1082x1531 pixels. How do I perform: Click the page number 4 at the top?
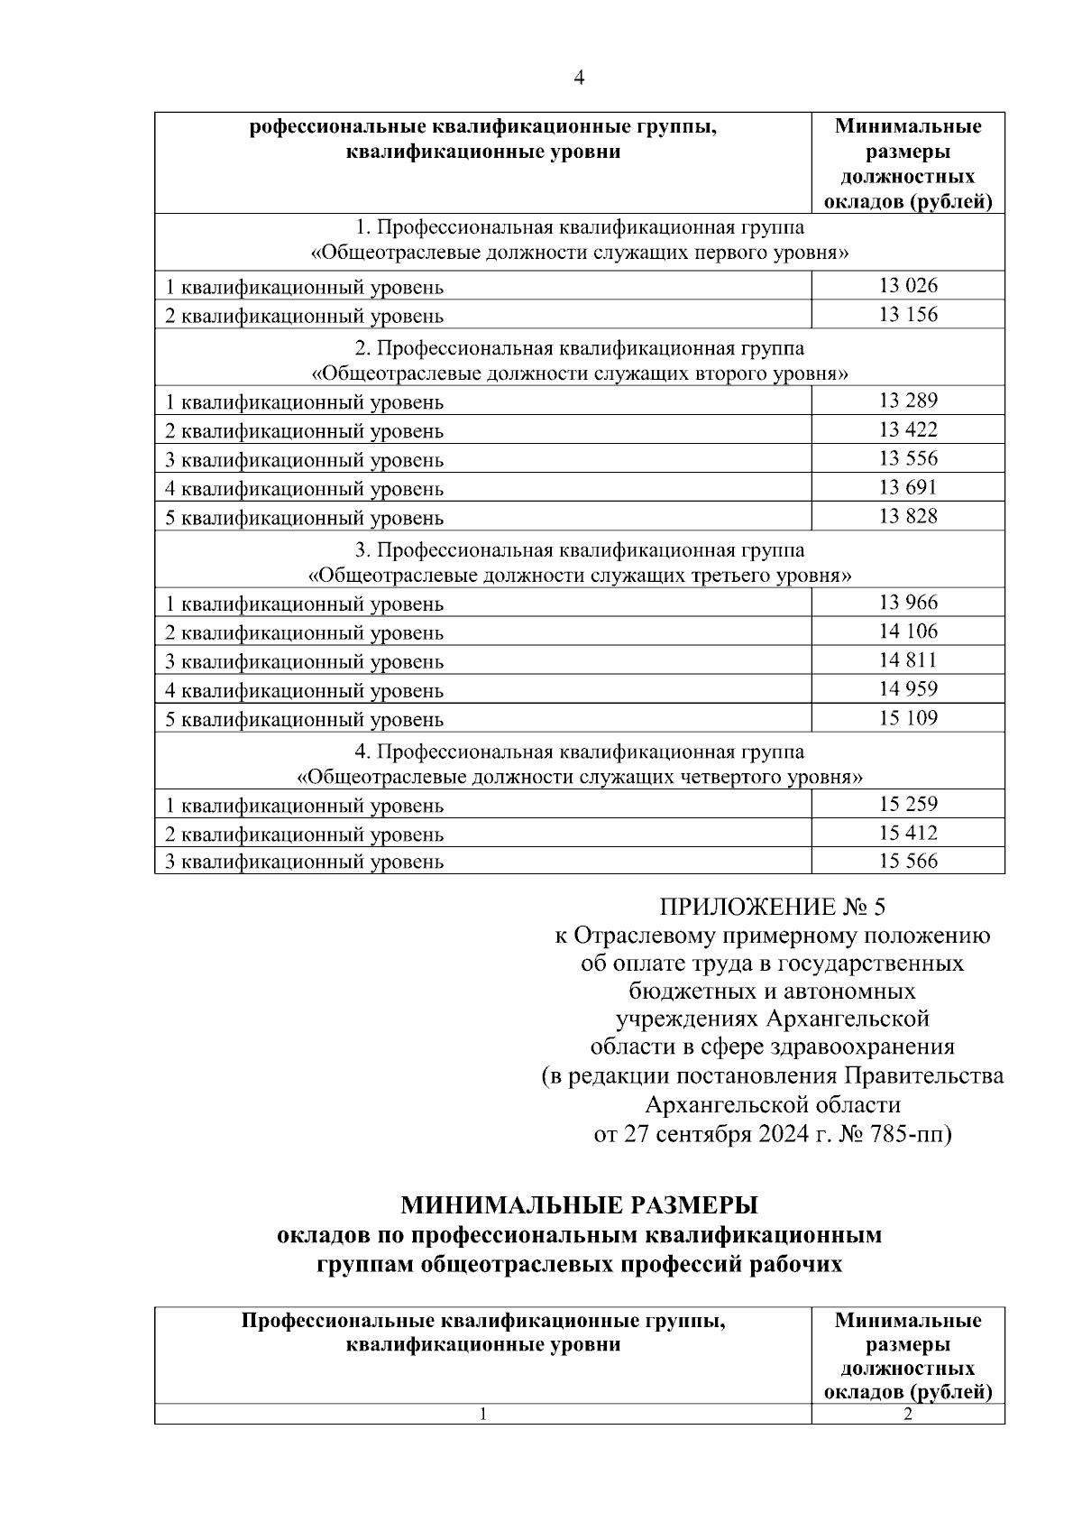[x=579, y=78]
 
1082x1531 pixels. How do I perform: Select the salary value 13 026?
[x=908, y=286]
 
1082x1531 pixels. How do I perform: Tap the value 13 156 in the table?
[x=908, y=315]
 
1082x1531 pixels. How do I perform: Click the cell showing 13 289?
[x=908, y=401]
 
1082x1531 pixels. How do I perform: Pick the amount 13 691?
[x=908, y=487]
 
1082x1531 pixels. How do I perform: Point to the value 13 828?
[x=908, y=516]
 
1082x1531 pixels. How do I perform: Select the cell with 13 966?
[x=908, y=603]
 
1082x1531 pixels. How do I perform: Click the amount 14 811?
[x=908, y=660]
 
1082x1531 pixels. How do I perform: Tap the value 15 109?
[x=908, y=718]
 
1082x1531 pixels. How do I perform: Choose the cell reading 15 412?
[x=908, y=833]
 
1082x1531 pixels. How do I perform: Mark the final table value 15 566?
[x=908, y=862]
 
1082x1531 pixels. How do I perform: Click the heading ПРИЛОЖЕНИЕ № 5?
[x=773, y=907]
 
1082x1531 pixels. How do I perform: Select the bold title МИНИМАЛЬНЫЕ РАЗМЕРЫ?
[x=579, y=1206]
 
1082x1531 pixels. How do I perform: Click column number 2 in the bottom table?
[x=908, y=1415]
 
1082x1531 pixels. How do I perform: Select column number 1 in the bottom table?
[x=483, y=1415]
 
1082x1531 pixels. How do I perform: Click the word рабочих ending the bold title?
[x=796, y=1264]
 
